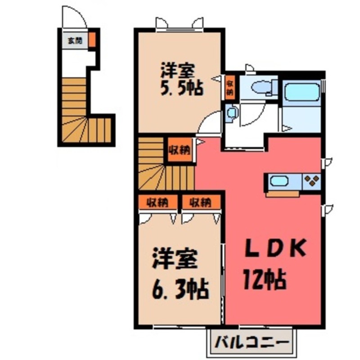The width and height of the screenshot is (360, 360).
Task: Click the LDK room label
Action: point(275,248)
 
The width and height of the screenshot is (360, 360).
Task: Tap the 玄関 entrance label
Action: point(75,40)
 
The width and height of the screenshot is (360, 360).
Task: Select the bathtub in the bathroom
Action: point(302,93)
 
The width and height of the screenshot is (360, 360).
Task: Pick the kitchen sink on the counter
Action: point(279,181)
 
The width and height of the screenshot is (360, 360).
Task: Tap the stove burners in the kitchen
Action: point(312,181)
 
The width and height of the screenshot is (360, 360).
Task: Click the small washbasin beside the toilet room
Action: point(232,113)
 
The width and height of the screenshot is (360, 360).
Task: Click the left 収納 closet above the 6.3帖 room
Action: point(157,202)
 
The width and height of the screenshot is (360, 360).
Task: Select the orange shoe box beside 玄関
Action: point(92,40)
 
